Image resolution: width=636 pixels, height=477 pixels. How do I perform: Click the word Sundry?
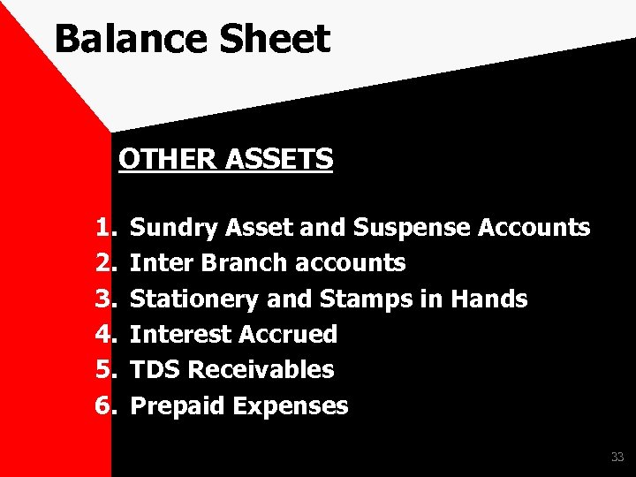click(175, 229)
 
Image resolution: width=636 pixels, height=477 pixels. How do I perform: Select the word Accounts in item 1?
click(534, 228)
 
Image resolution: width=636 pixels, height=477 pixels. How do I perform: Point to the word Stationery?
click(194, 299)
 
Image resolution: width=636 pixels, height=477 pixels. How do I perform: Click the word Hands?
click(488, 299)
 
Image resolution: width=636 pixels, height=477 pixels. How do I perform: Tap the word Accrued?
click(289, 335)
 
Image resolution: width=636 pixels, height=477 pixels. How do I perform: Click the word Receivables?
click(261, 370)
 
